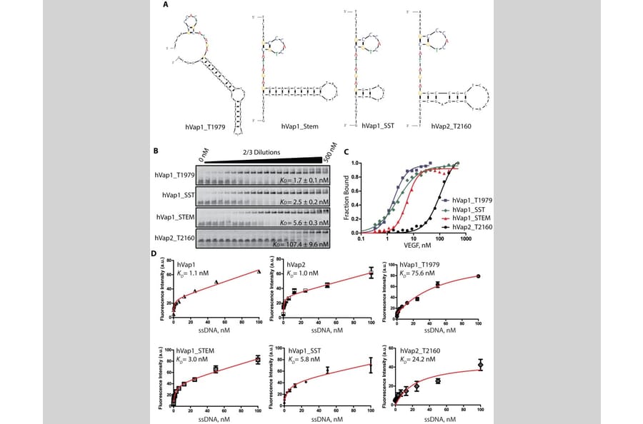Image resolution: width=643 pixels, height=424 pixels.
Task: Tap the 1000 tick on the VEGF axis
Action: coord(464,239)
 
